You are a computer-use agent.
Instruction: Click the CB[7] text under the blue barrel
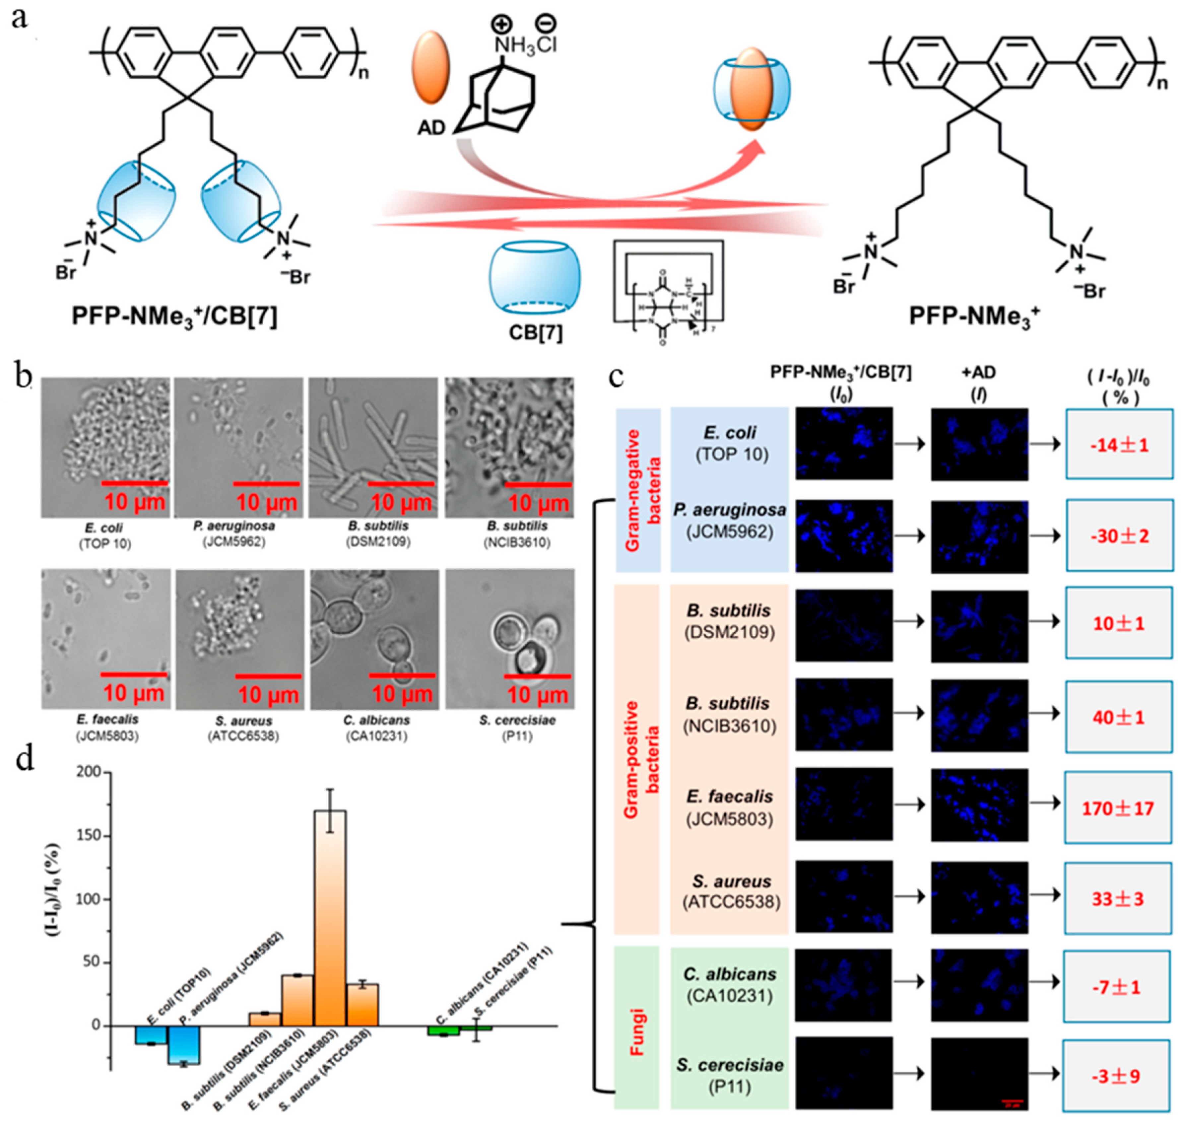(x=535, y=332)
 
